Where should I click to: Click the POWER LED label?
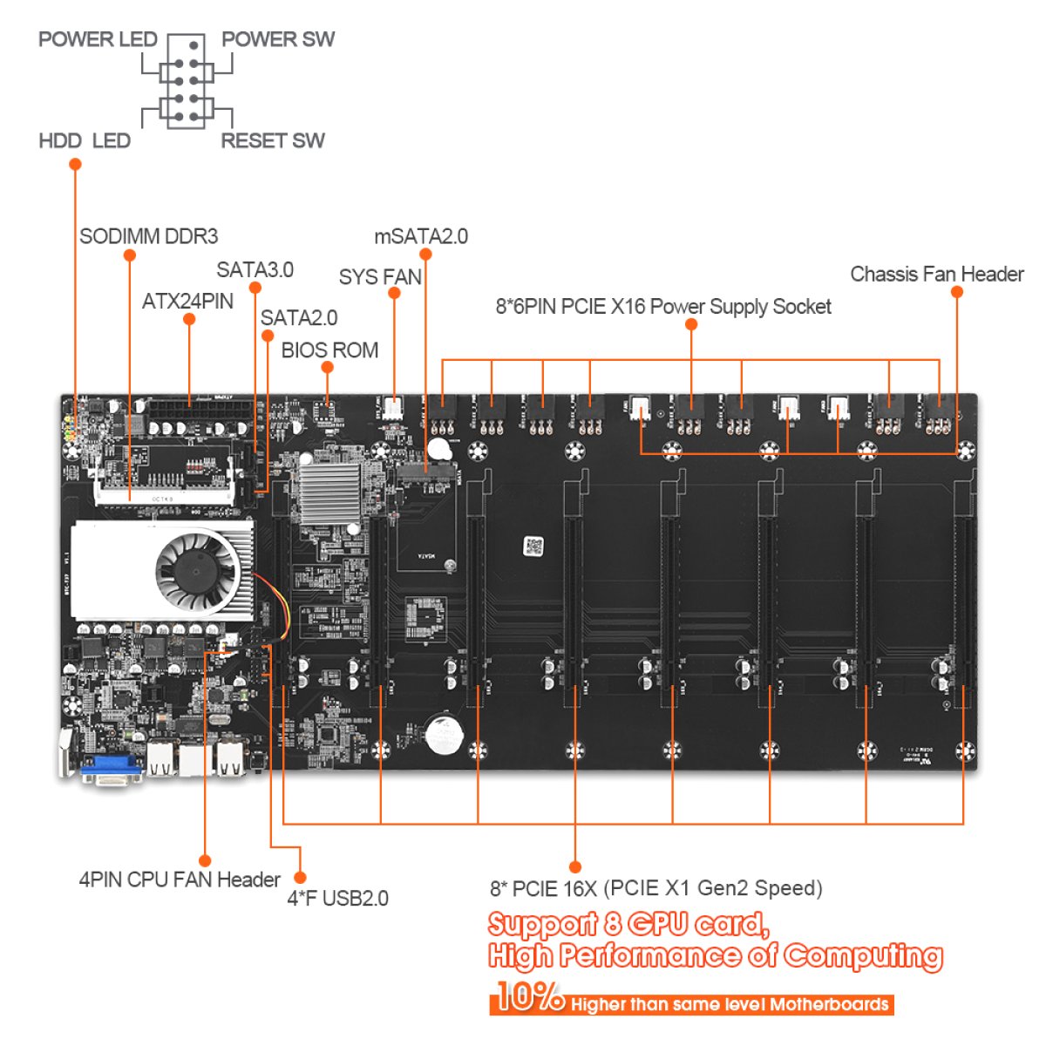pyautogui.click(x=98, y=39)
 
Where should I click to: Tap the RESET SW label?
pyautogui.click(x=273, y=140)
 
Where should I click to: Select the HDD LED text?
pyautogui.click(x=85, y=140)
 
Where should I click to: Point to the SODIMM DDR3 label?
pyautogui.click(x=149, y=236)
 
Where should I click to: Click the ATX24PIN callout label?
pyautogui.click(x=187, y=302)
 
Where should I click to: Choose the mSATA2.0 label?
pyautogui.click(x=421, y=237)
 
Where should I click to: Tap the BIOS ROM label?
pyautogui.click(x=330, y=350)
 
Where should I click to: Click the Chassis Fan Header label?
pyautogui.click(x=937, y=274)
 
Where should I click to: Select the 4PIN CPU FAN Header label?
pyautogui.click(x=180, y=880)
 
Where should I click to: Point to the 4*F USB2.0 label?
pyautogui.click(x=337, y=899)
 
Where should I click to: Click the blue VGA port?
pyautogui.click(x=112, y=770)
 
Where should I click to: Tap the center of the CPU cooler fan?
pyautogui.click(x=196, y=572)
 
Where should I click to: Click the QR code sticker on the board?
pyautogui.click(x=533, y=546)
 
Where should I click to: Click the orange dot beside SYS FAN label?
pyautogui.click(x=395, y=293)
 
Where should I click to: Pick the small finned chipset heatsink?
pyautogui.click(x=330, y=493)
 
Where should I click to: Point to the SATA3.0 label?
pyautogui.click(x=255, y=269)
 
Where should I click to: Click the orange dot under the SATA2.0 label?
pyautogui.click(x=268, y=336)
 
